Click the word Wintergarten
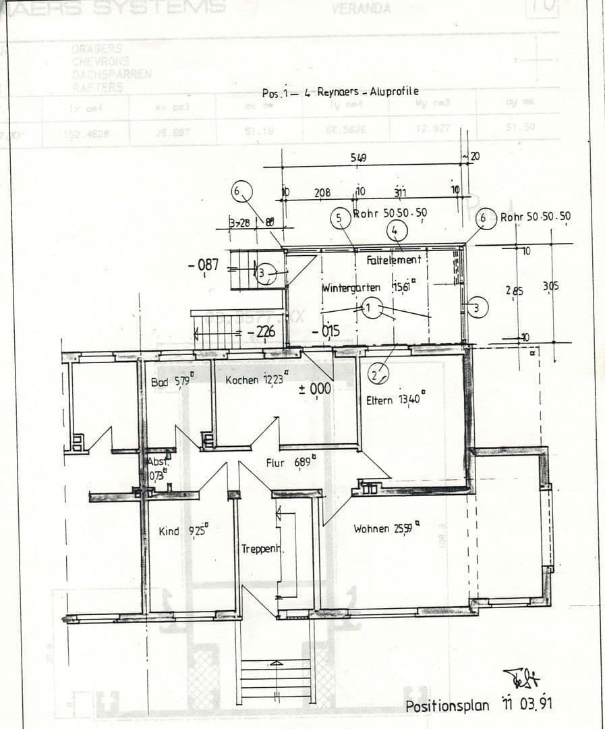(351, 288)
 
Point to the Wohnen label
(372, 529)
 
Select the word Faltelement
(394, 260)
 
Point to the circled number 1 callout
(370, 308)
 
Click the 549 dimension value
(359, 158)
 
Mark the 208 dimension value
(322, 193)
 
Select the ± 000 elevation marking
(314, 389)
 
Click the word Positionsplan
(447, 706)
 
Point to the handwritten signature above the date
(520, 678)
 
